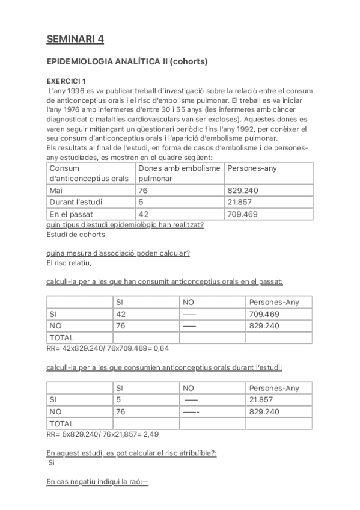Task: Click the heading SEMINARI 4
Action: click(75, 40)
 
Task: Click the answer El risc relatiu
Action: click(69, 262)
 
